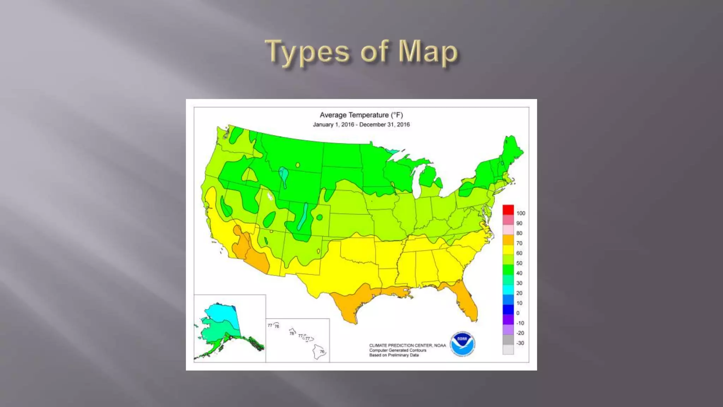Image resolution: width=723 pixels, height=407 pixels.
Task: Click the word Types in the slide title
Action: pos(307,52)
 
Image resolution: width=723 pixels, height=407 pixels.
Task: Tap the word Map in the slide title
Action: pos(428,52)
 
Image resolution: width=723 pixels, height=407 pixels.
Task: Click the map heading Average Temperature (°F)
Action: pos(361,115)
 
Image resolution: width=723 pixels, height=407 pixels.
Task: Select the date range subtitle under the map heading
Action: pos(361,125)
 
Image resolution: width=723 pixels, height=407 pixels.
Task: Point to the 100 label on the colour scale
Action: pos(521,213)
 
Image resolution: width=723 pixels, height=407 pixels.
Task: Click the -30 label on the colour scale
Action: pos(520,343)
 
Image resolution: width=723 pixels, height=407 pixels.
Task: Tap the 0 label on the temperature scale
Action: pos(518,313)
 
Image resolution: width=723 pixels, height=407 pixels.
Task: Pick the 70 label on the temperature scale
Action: pos(519,243)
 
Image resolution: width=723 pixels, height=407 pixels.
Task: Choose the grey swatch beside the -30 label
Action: pos(508,340)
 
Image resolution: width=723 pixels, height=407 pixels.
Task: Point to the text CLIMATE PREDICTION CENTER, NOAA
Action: pos(407,346)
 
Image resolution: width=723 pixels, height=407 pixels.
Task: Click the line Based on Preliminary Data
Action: pos(394,355)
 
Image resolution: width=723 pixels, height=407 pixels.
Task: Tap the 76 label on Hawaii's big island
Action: pos(322,352)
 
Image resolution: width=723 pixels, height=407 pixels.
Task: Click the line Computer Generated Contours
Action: pos(398,350)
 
